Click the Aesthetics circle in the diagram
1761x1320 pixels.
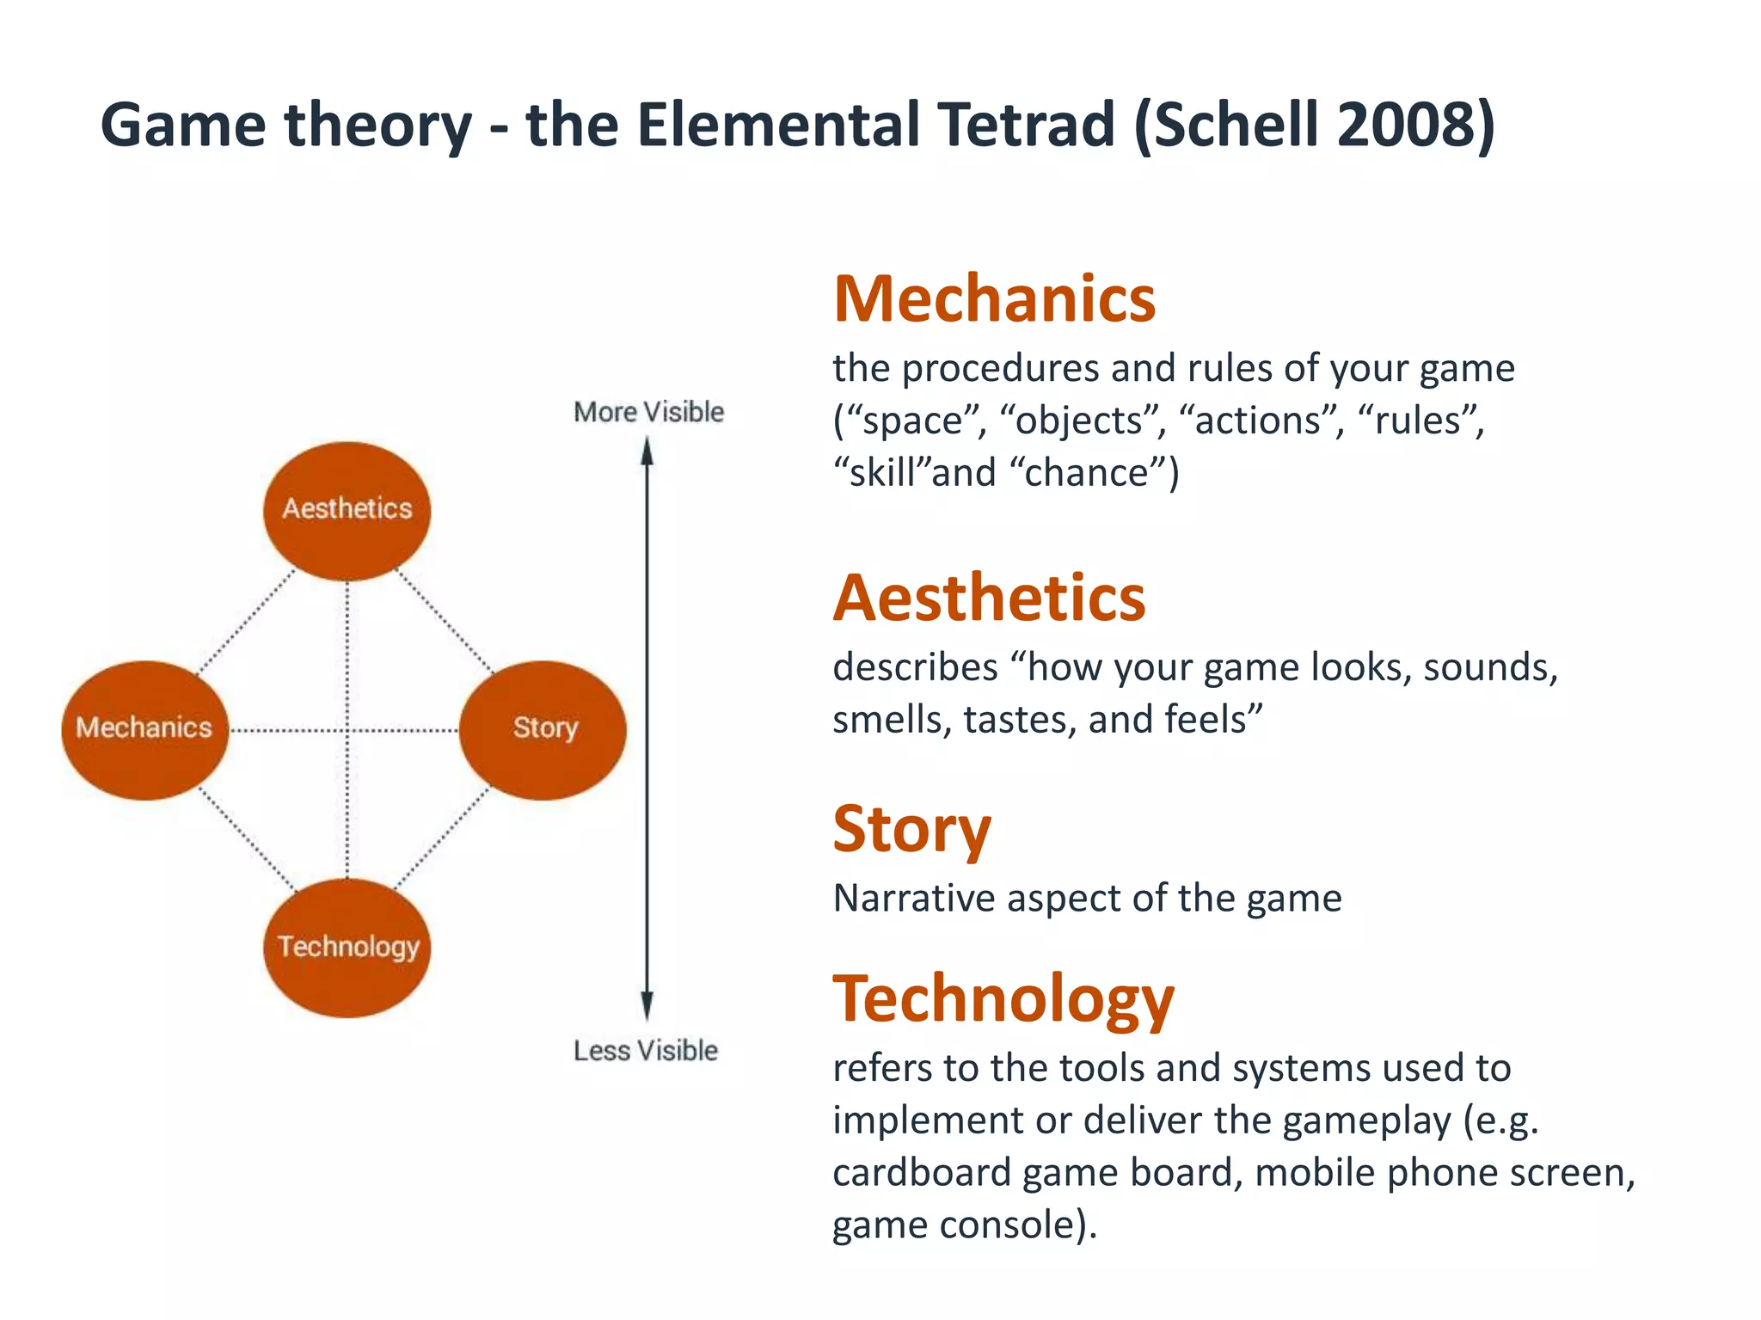point(347,511)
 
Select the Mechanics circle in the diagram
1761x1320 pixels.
point(144,729)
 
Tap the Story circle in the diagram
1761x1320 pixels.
point(543,729)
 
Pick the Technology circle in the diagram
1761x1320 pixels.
point(347,948)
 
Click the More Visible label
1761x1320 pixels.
point(648,412)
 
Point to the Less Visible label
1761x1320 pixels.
point(645,1050)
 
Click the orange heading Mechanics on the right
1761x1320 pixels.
point(994,299)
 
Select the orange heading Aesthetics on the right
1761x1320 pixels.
point(989,598)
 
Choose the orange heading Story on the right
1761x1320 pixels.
point(911,829)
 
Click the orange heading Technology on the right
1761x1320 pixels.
point(1003,999)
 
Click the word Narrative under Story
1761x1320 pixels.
point(913,899)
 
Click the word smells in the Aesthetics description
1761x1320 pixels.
point(892,720)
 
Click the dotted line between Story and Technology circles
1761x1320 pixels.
point(441,840)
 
